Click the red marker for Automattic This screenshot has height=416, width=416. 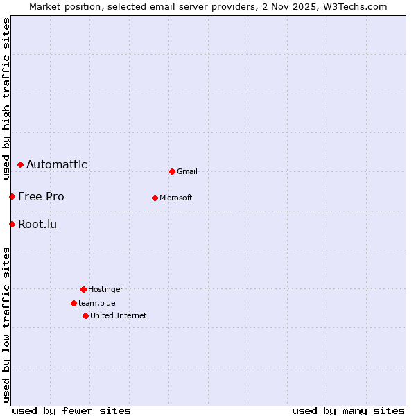[x=21, y=165]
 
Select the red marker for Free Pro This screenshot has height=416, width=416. [x=12, y=197]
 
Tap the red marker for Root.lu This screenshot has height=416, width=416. [x=12, y=224]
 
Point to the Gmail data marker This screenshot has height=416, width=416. [x=172, y=171]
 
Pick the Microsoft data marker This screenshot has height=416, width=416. [x=155, y=198]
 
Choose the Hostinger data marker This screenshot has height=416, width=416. [x=83, y=289]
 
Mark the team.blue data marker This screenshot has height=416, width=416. [x=73, y=303]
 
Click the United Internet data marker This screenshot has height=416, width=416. [x=85, y=315]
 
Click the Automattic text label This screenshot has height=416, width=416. [x=57, y=165]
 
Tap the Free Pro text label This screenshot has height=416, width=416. [x=41, y=197]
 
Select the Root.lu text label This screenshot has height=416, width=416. [x=37, y=224]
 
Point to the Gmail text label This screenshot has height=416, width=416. [x=187, y=171]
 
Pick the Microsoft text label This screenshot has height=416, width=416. [x=176, y=198]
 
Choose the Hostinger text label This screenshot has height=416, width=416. [x=105, y=289]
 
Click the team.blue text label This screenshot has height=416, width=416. [x=97, y=303]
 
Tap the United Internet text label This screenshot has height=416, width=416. [x=119, y=315]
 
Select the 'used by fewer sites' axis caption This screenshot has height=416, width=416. [x=71, y=410]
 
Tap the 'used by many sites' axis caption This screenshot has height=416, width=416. [x=348, y=410]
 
